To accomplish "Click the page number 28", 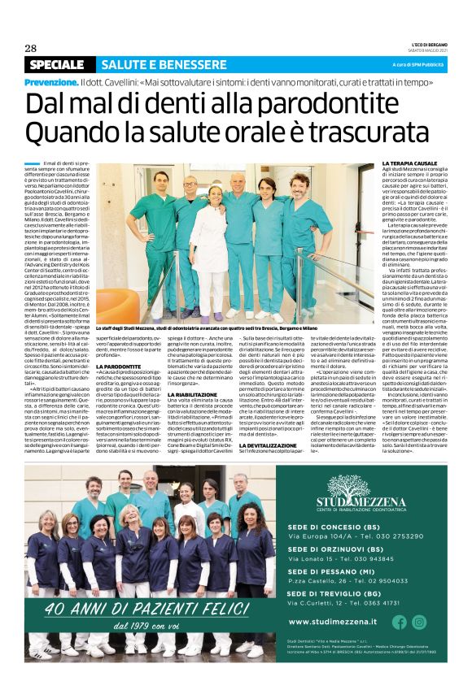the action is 30,48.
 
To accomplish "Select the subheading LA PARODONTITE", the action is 120,367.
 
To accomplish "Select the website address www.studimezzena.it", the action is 332,622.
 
